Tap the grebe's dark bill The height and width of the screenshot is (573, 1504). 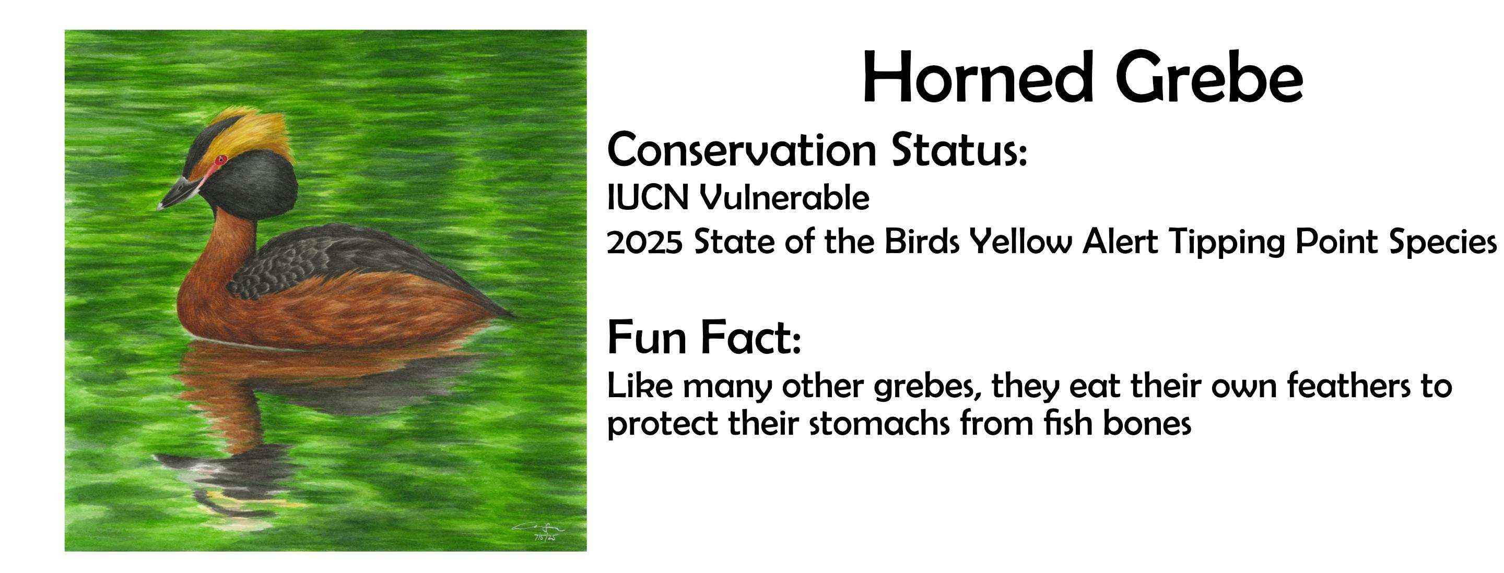pyautogui.click(x=180, y=192)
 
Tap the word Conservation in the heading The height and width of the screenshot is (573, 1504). pyautogui.click(x=742, y=150)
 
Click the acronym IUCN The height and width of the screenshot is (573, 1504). pyautogui.click(x=648, y=198)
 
